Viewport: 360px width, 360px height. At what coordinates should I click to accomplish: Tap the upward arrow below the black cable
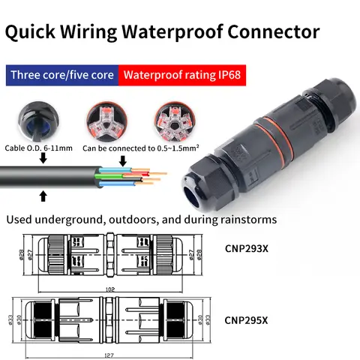coord(43,196)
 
